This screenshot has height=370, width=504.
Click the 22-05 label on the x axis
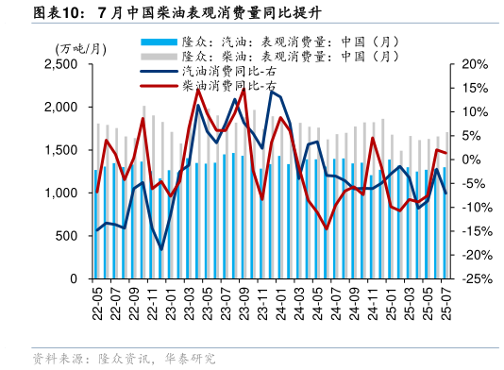pos(97,303)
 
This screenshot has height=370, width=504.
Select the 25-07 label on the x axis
pos(444,303)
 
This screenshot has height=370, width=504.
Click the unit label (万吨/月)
pos(79,48)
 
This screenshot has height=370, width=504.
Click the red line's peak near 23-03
pos(197,89)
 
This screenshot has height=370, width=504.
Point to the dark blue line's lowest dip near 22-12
pos(161,249)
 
